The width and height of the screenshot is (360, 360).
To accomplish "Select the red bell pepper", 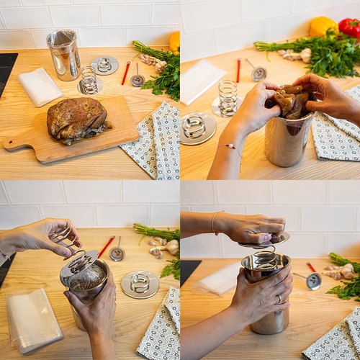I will coord(350,27).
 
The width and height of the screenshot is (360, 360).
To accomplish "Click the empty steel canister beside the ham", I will coord(63,54).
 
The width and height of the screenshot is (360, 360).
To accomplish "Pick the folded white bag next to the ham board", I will coord(39,86).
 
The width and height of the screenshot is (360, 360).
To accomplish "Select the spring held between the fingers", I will coord(62,235).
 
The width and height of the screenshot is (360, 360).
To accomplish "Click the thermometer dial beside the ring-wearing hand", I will coord(313,281).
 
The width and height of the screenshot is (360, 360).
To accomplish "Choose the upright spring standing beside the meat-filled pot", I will coord(227,97).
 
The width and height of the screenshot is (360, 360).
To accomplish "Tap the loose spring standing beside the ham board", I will coord(89,80).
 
